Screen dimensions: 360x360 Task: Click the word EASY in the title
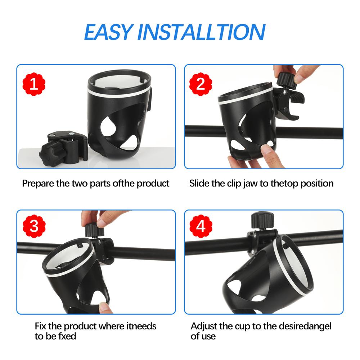(x=109, y=32)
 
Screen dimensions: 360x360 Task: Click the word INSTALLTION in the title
(x=201, y=32)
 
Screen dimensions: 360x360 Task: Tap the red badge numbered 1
(x=34, y=84)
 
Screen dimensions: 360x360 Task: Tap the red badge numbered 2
(x=201, y=84)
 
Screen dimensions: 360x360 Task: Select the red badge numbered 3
(x=34, y=226)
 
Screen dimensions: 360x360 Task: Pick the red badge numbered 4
(x=201, y=226)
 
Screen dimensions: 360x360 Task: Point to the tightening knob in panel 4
(x=262, y=220)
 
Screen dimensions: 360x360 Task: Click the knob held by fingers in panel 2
(x=287, y=81)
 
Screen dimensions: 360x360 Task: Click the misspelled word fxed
(x=67, y=336)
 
